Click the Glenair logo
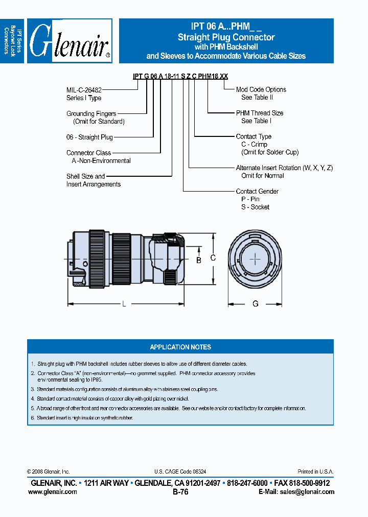70,41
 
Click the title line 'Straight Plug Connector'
226,37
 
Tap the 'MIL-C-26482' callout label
84,89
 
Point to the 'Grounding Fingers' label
91,113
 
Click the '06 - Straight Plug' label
89,137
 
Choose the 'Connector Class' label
88,153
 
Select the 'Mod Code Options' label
261,89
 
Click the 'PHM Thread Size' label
260,113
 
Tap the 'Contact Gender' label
257,191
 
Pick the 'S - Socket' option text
255,207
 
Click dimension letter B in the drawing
199,261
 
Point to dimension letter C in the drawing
213,258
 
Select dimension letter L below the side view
124,304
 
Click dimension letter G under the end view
255,304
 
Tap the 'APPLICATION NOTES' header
180,347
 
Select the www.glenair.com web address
53,491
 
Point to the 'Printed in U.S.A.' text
315,472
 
